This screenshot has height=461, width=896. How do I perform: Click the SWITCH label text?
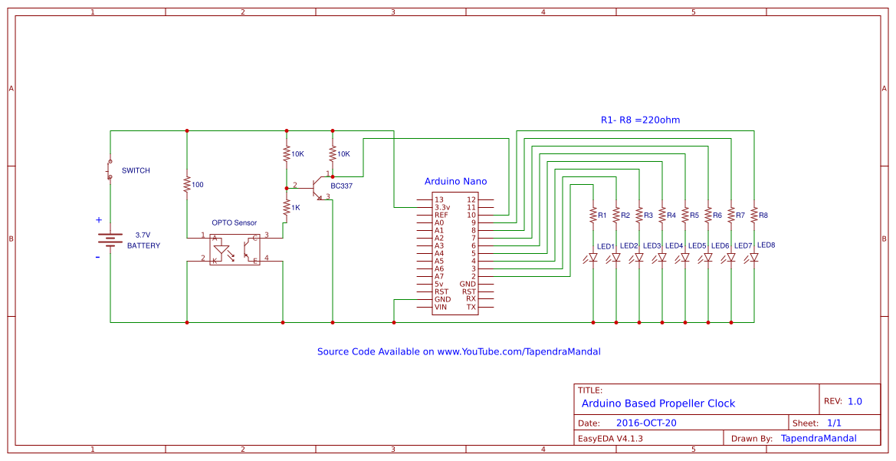[136, 170]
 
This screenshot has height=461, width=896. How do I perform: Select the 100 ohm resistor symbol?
[187, 185]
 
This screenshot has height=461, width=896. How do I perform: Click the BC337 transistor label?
[342, 186]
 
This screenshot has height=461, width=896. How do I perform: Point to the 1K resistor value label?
[296, 208]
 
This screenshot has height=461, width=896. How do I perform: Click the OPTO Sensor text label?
[235, 222]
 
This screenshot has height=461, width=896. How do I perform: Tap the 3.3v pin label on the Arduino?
[442, 207]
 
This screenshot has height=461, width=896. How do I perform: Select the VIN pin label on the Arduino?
[441, 307]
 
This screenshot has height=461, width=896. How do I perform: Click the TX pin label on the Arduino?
[471, 307]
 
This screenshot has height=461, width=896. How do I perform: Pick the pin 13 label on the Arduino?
[438, 199]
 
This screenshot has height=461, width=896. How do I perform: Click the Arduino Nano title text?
[455, 182]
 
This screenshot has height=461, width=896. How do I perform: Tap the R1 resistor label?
[602, 216]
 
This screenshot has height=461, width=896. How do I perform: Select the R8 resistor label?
[763, 216]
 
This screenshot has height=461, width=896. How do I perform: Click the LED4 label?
[674, 245]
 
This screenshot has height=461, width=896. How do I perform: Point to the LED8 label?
[766, 245]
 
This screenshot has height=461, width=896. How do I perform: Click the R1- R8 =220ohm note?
[640, 120]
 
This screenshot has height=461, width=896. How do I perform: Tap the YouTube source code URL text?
[458, 351]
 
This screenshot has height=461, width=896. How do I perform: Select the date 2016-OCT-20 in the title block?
[646, 423]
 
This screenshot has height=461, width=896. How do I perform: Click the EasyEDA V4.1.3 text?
[610, 438]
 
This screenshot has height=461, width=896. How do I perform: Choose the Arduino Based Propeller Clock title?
[658, 403]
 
